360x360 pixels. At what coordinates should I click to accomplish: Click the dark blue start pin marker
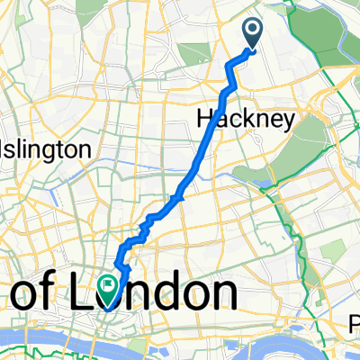pos(252,33)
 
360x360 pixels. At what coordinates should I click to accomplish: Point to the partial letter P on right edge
pos(355,319)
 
